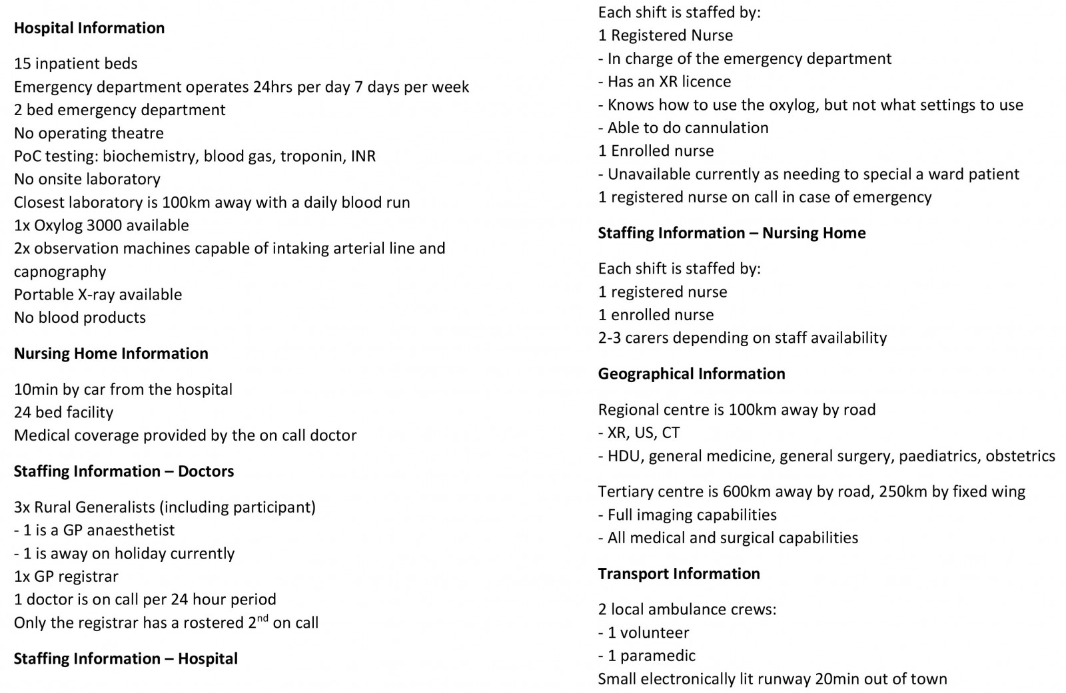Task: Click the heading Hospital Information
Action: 89,28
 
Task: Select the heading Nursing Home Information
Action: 111,353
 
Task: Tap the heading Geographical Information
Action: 691,373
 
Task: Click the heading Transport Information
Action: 678,574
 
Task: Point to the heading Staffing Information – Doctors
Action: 124,471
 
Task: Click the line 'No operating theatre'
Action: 89,133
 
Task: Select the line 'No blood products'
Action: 80,318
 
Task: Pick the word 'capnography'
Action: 60,272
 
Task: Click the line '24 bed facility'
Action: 64,413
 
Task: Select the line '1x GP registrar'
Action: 66,577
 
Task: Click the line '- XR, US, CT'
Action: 639,433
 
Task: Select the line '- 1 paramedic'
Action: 646,656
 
